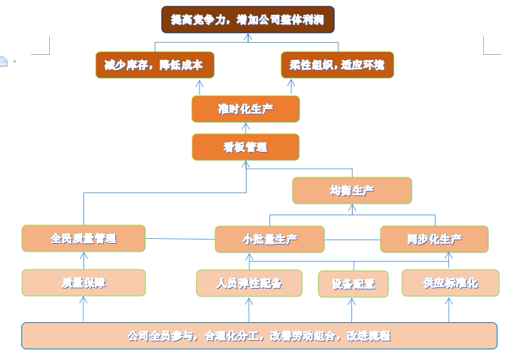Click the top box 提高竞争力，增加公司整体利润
pos(247,20)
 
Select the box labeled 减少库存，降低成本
pos(155,65)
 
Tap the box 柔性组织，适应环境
pos(337,65)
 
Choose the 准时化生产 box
pos(245,109)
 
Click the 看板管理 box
pos(245,147)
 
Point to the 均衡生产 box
pos(352,190)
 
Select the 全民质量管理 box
pos(83,238)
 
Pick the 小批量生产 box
pos(269,240)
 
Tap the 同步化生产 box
pos(434,240)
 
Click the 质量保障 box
pos(83,283)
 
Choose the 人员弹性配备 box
pos(249,283)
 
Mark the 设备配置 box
pos(353,284)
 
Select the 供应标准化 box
pos(450,283)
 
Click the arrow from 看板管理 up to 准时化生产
pos(246,128)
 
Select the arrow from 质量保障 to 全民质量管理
pos(83,260)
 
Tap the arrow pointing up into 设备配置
pos(351,309)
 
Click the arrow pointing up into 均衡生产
pos(351,209)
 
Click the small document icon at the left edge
pos(4,62)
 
